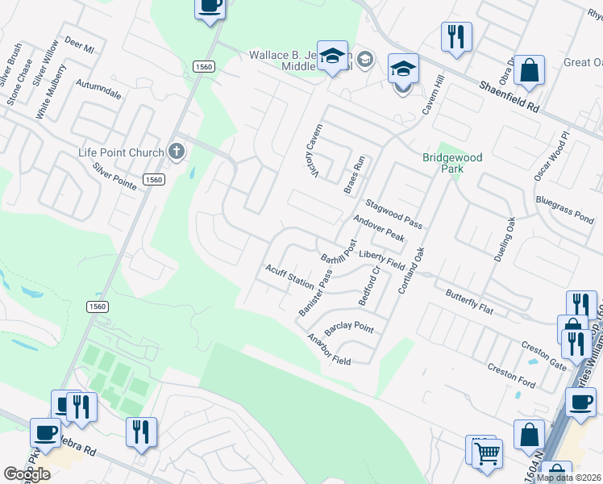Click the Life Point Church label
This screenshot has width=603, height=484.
pos(121,152)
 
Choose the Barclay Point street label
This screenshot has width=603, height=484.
pos(348,328)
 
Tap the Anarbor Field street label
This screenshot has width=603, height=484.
pos(328,349)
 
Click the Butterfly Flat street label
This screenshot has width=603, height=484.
pos(469,298)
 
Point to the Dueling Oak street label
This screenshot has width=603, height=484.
pos(504,239)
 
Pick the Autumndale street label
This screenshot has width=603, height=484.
pos(98,89)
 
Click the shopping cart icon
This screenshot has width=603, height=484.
pos(487,453)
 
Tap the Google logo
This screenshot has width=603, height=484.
pos(27,474)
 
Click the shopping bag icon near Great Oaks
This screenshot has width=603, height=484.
pos(530,71)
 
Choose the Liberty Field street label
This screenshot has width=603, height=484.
pos(382,260)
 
